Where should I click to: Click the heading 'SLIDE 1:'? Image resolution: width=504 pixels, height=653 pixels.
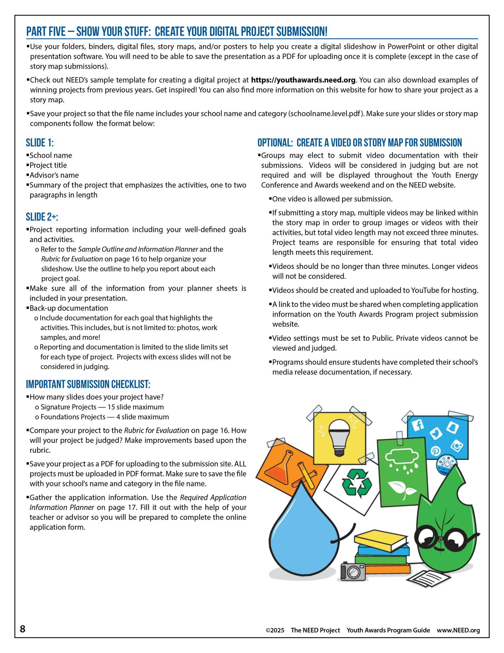pyautogui.click(x=40, y=143)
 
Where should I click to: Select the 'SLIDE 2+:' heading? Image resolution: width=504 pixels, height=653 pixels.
pyautogui.click(x=42, y=217)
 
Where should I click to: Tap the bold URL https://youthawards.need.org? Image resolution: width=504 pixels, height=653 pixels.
pyautogui.click(x=303, y=80)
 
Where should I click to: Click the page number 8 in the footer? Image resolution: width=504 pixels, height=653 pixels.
pyautogui.click(x=23, y=629)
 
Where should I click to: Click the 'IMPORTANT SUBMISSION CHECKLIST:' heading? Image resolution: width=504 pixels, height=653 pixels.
pyautogui.click(x=88, y=384)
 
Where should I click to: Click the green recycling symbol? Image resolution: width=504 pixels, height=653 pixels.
pyautogui.click(x=357, y=483)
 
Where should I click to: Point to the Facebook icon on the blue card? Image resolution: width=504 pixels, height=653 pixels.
pyautogui.click(x=418, y=424)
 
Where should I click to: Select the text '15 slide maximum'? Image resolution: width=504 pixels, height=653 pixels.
pyautogui.click(x=136, y=407)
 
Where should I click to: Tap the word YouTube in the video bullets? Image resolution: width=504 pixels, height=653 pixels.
pyautogui.click(x=425, y=290)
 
